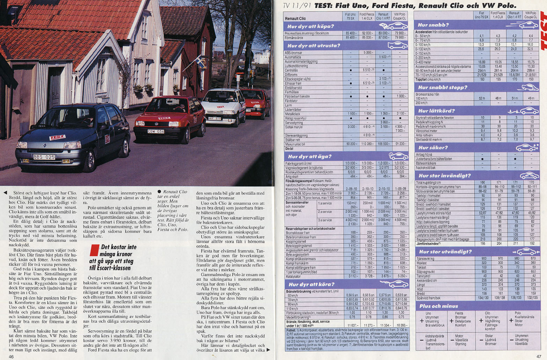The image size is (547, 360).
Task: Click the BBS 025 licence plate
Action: (x=44, y=157)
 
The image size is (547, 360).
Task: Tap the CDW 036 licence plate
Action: (x=156, y=132)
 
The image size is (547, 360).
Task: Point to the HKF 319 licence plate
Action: (x=215, y=118)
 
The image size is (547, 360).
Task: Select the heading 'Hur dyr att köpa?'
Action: (x=310, y=26)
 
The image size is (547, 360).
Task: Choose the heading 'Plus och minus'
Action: (x=438, y=306)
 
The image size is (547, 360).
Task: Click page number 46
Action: (x=12, y=357)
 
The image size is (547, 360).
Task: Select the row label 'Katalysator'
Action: (x=294, y=276)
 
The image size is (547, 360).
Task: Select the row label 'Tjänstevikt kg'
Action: (x=425, y=259)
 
